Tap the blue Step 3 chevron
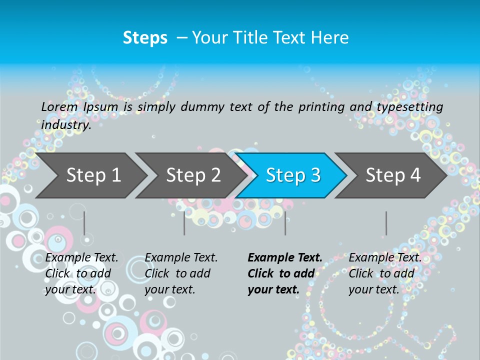292,175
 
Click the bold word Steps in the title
145,38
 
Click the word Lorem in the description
59,107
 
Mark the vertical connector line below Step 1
84,223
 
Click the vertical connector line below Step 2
184,223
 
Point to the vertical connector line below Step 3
285,223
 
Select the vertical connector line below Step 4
386,223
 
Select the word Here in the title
329,38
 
